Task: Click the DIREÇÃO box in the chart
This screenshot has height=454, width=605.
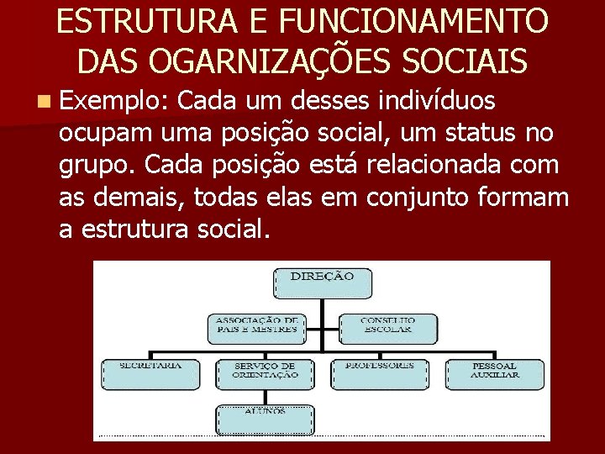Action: tap(323, 282)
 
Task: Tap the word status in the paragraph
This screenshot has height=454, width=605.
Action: tap(475, 134)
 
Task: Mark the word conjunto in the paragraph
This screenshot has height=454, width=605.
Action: tap(421, 198)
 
